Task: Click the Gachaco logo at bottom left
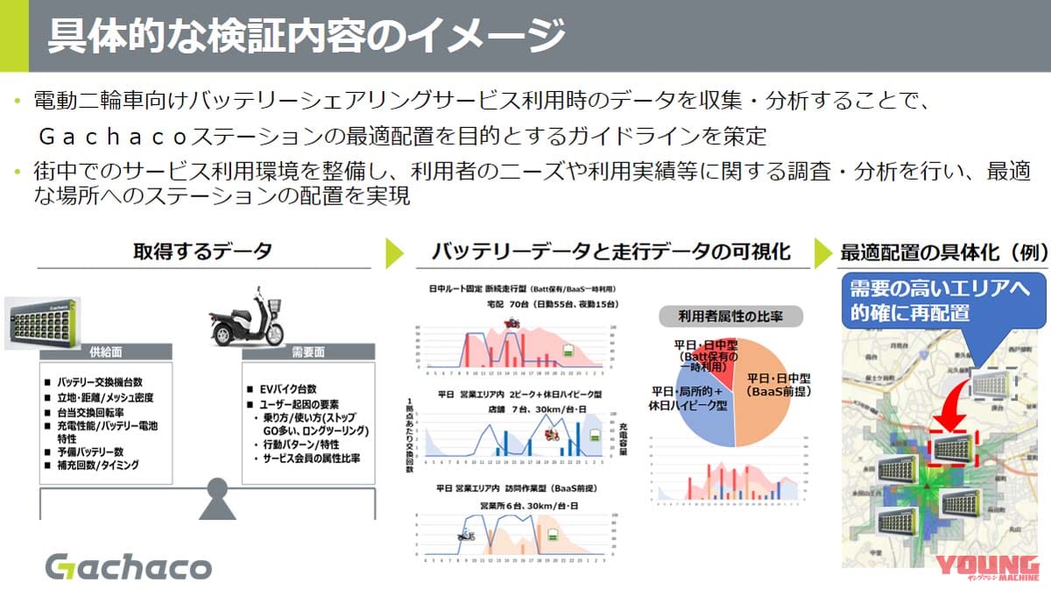[x=128, y=565]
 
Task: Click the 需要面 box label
[x=307, y=352]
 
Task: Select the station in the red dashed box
[x=954, y=448]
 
